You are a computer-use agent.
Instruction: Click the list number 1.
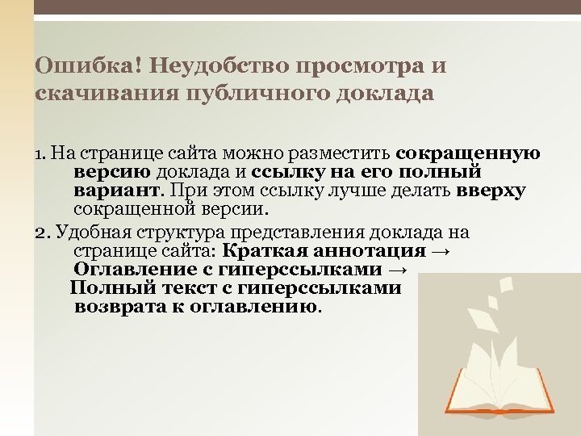click(41, 153)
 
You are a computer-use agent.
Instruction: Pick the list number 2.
click(42, 233)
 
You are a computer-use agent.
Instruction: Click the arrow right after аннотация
click(441, 251)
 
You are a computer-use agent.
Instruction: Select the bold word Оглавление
click(127, 270)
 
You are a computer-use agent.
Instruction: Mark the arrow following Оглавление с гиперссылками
click(398, 270)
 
